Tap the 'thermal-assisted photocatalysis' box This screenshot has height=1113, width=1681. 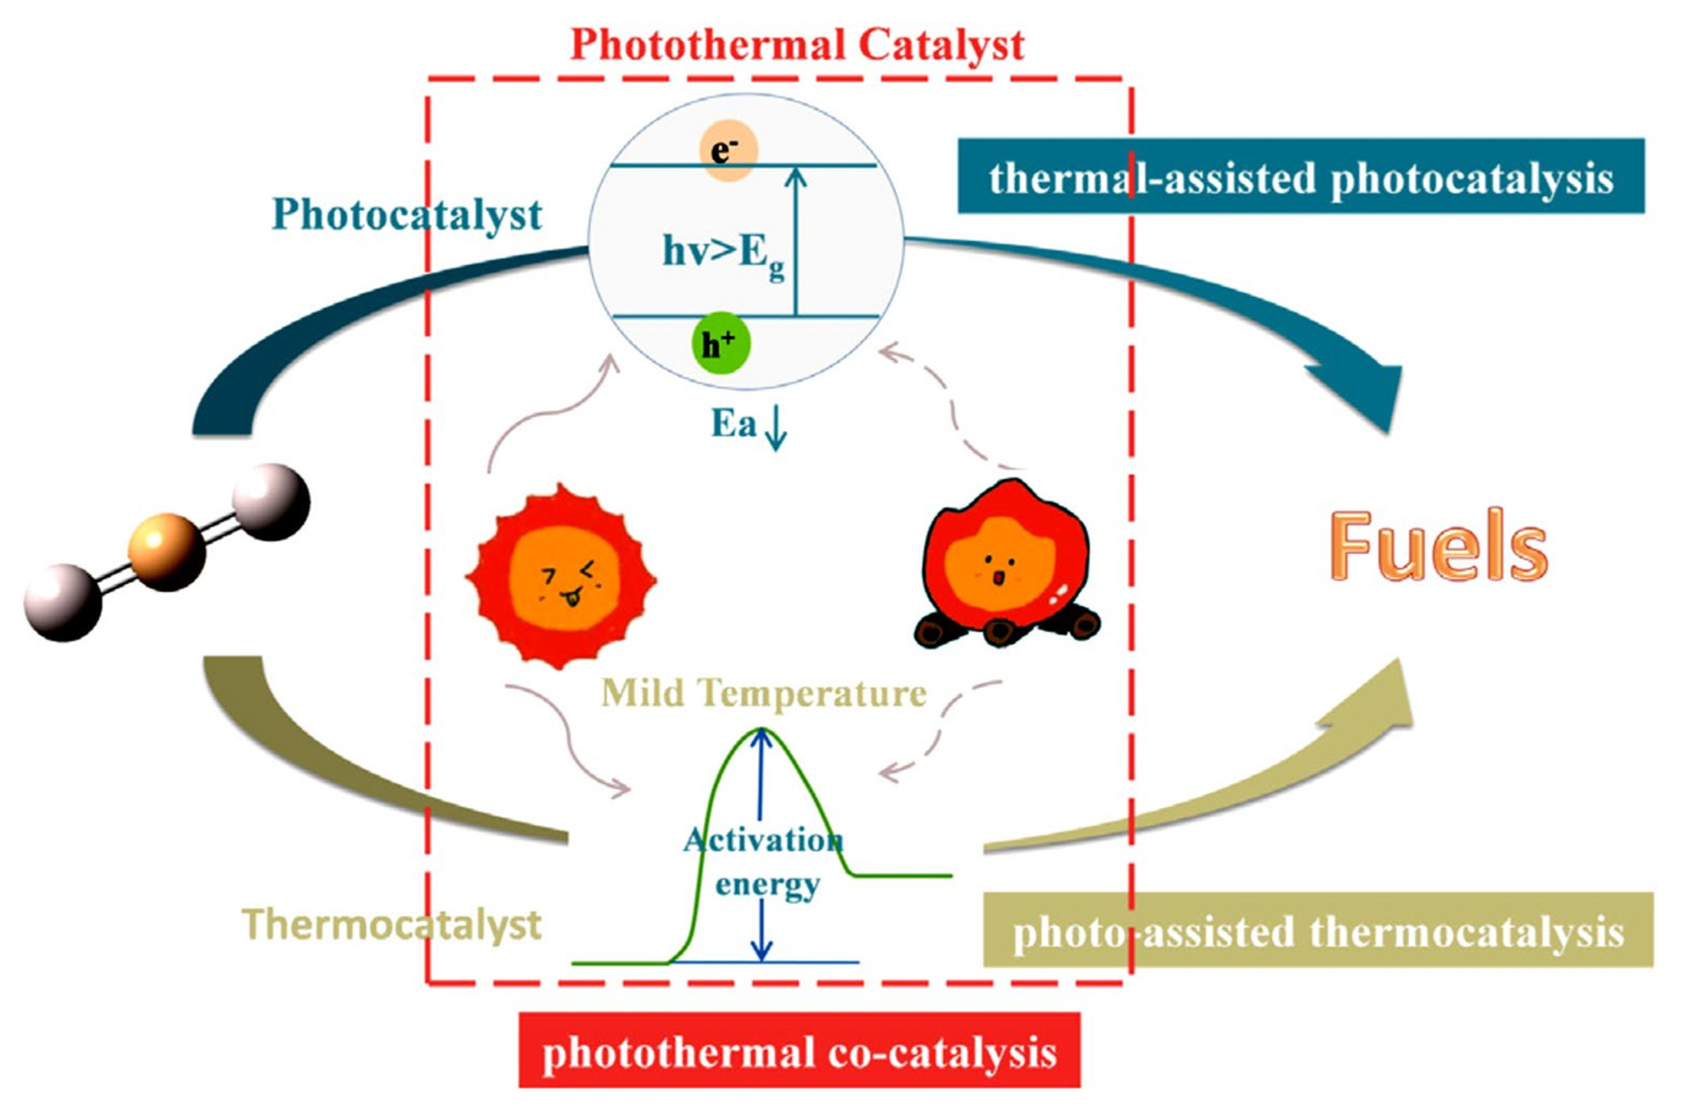(1301, 177)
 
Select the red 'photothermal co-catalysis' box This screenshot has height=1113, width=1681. (800, 1054)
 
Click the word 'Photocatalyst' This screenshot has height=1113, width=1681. (407, 215)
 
